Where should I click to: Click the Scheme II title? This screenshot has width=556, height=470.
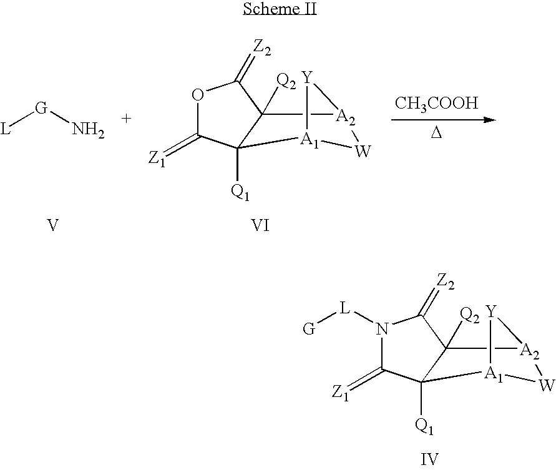pos(280,9)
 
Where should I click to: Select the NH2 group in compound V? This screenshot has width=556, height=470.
pos(88,130)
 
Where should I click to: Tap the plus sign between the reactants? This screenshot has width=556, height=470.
pos(126,119)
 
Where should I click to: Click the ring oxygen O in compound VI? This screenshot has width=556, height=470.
pos(198,95)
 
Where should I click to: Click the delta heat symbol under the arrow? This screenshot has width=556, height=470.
pos(436,133)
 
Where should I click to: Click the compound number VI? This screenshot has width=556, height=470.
pos(260,225)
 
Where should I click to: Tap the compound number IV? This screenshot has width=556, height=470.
pos(429,459)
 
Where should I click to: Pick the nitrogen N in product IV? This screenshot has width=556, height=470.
pos(382,330)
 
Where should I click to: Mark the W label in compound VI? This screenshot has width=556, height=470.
pos(363,152)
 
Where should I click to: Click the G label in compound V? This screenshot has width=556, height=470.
pos(41,108)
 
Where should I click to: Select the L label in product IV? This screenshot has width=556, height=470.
pos(344,308)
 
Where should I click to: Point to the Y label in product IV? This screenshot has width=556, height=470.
pos(491,311)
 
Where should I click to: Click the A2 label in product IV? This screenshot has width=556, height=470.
pos(529,352)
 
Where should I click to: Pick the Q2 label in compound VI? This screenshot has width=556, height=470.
pos(286,82)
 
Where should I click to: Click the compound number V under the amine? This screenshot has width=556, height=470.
pos(52,225)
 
